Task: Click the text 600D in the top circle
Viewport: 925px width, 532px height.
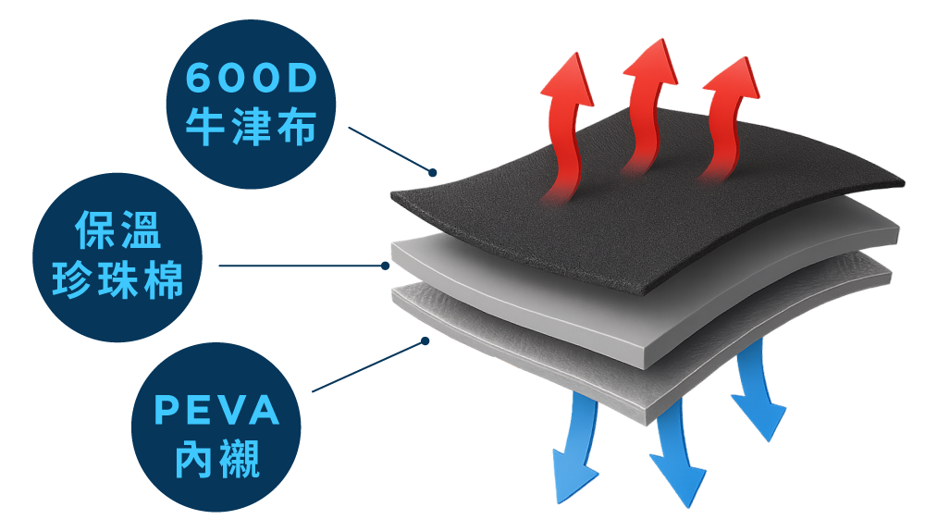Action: (252, 78)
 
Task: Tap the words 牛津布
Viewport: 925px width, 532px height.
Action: (252, 126)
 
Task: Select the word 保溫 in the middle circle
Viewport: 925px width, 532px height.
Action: (118, 230)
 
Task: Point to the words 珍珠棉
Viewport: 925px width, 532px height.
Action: (118, 279)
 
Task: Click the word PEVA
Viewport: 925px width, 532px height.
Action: (216, 410)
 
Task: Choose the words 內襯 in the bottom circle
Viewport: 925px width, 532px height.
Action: (216, 459)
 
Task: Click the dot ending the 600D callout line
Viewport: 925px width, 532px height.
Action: (432, 172)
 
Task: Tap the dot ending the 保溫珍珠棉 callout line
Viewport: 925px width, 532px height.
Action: (385, 266)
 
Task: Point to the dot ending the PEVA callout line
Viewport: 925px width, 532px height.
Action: (425, 340)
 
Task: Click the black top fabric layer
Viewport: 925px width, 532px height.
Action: (643, 218)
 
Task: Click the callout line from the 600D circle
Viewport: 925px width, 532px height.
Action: (390, 149)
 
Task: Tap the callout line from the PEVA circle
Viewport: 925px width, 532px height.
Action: (368, 366)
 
